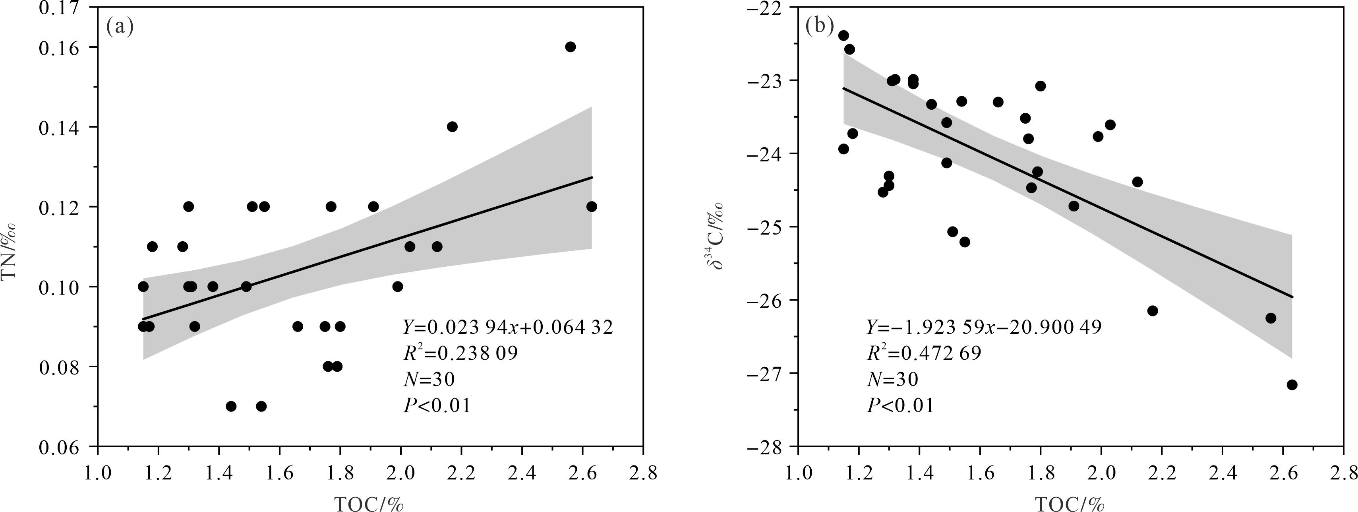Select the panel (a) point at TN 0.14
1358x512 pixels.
[452, 126]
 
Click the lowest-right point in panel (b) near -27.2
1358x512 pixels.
[1292, 384]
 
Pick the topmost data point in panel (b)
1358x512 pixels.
[843, 35]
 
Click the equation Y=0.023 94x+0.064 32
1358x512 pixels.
[508, 328]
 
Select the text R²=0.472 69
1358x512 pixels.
[924, 353]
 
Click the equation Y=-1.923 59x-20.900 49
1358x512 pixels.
[984, 328]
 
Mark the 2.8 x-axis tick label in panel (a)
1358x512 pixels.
[642, 473]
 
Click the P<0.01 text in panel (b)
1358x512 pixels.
[900, 405]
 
